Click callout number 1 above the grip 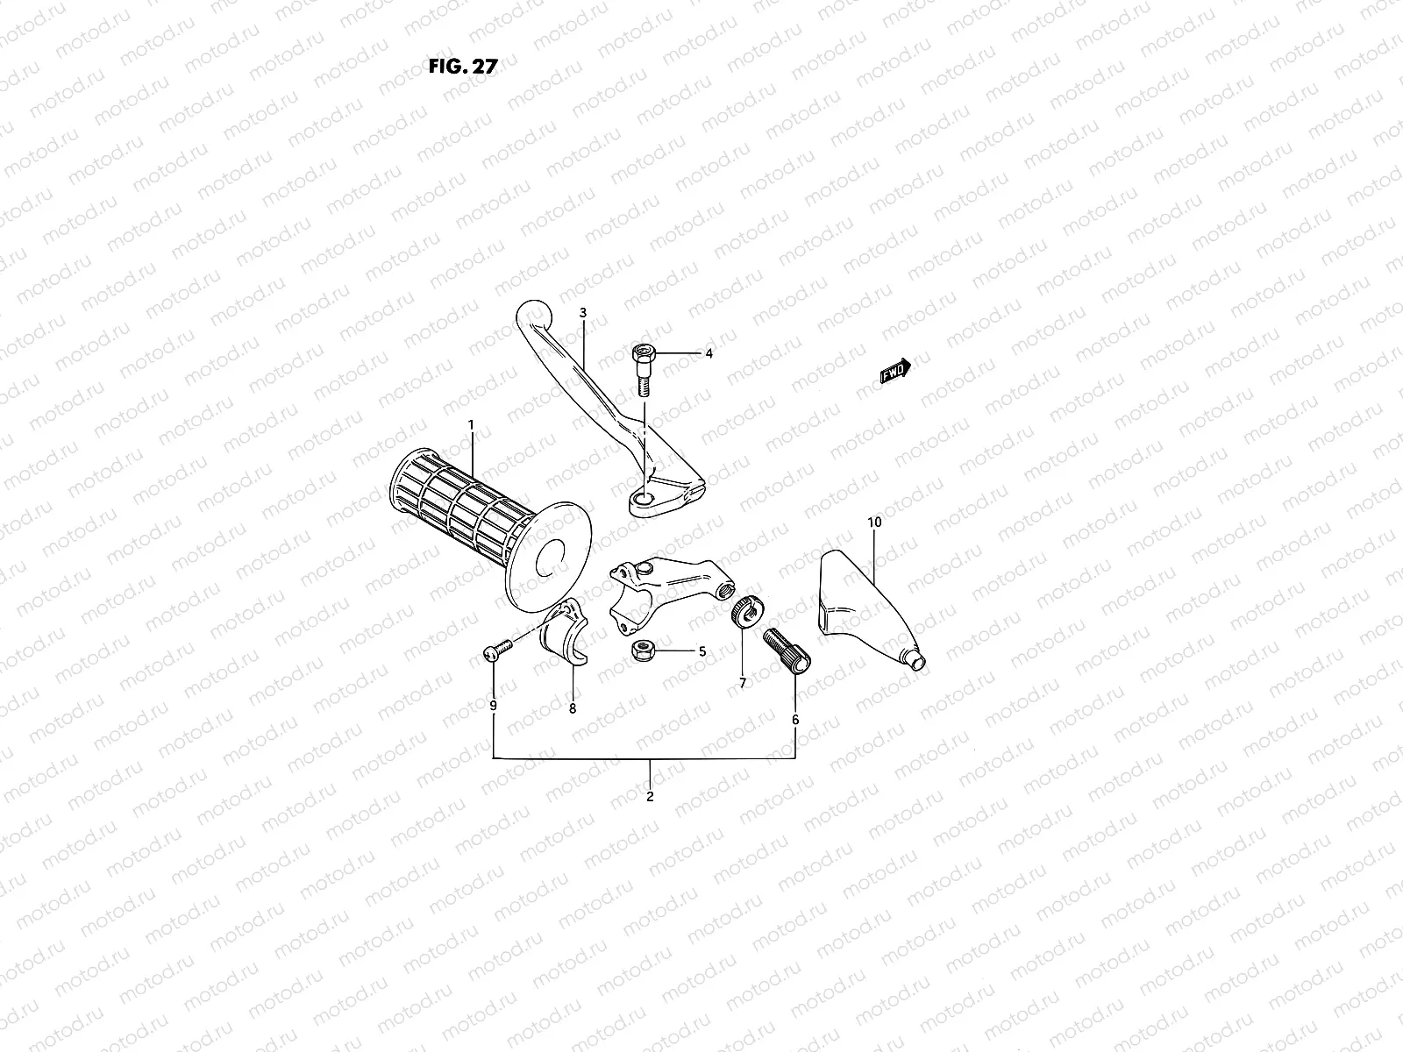tap(471, 425)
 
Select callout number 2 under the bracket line tap(650, 797)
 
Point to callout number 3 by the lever tap(581, 313)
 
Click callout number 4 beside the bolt tap(709, 354)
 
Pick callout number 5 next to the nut tap(701, 651)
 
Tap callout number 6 tap(795, 719)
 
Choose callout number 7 tap(742, 683)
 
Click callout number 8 tap(573, 709)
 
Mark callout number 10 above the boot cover tap(873, 522)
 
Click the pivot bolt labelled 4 tap(641, 368)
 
